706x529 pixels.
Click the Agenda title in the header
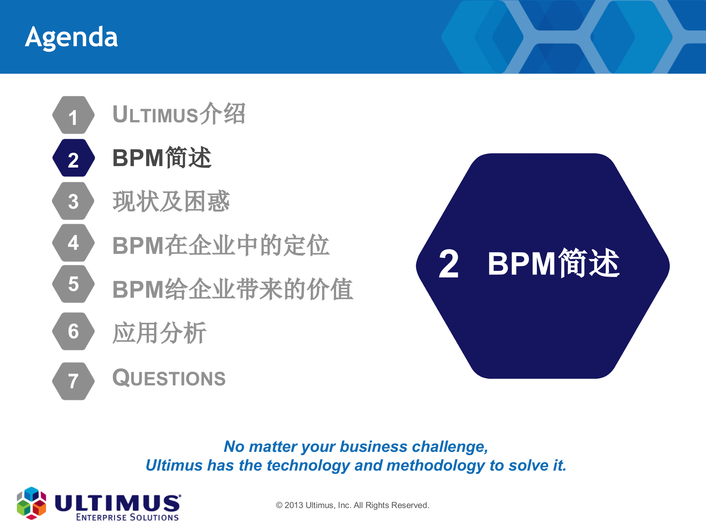(x=72, y=37)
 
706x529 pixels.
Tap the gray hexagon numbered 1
(x=74, y=115)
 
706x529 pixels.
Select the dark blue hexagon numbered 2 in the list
(x=74, y=158)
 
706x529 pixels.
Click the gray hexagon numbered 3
(x=74, y=201)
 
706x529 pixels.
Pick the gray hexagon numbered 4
(x=74, y=243)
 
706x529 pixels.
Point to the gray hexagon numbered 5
(x=74, y=284)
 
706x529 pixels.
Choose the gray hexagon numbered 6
(x=74, y=331)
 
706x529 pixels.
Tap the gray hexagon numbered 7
(x=74, y=381)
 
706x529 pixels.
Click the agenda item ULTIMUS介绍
(x=179, y=114)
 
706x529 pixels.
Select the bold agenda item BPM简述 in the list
(x=162, y=158)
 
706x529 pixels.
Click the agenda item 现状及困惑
(x=171, y=201)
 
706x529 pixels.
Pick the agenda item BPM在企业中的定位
(x=221, y=245)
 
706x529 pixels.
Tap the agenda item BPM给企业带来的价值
(x=232, y=289)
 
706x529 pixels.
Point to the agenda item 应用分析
(x=159, y=333)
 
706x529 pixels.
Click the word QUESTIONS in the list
(x=169, y=378)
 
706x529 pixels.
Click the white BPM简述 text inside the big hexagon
(x=553, y=263)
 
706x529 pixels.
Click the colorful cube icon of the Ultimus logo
(x=32, y=503)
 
